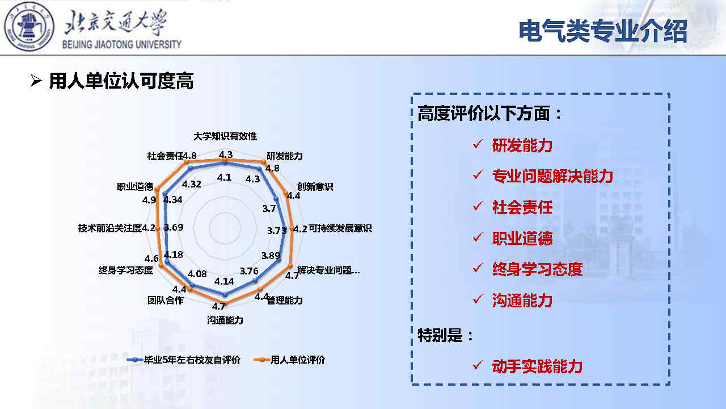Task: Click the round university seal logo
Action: pyautogui.click(x=29, y=26)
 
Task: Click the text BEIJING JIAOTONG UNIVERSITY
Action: pyautogui.click(x=121, y=44)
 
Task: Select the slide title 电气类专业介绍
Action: pyautogui.click(x=603, y=31)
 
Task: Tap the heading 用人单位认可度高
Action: pyautogui.click(x=121, y=81)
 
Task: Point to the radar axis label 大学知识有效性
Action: pyautogui.click(x=225, y=136)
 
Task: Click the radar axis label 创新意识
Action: pyautogui.click(x=315, y=187)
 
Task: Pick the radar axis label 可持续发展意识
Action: pyautogui.click(x=340, y=228)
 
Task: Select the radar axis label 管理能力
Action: pyautogui.click(x=285, y=301)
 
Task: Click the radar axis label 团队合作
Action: pyautogui.click(x=165, y=301)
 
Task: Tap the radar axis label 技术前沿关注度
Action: pyautogui.click(x=110, y=228)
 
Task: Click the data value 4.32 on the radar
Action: pyautogui.click(x=192, y=185)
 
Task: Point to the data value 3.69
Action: pyautogui.click(x=174, y=227)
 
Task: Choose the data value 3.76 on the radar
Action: pyautogui.click(x=249, y=271)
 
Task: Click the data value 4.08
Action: pyautogui.click(x=197, y=274)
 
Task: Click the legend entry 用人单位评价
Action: pyautogui.click(x=289, y=360)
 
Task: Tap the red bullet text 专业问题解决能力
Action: pyautogui.click(x=552, y=176)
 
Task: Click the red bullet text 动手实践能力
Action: pyautogui.click(x=537, y=366)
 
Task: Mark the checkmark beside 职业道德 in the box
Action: pyautogui.click(x=478, y=237)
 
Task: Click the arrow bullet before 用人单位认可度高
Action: pyautogui.click(x=36, y=81)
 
